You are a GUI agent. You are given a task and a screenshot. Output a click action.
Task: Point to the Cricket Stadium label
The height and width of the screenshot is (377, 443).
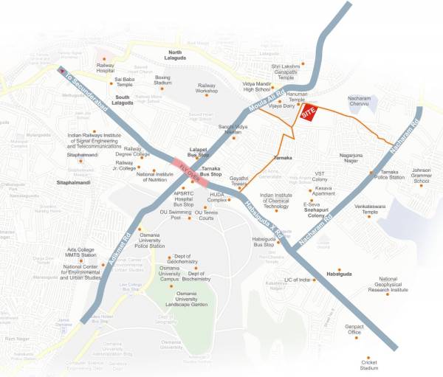pyautogui.click(x=369, y=365)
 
